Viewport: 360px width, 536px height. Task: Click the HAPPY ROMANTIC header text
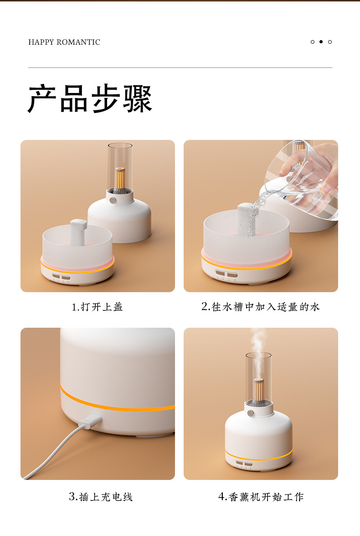click(x=64, y=42)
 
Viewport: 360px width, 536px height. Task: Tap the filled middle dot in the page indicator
click(x=321, y=42)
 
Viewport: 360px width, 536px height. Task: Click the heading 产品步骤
click(x=90, y=99)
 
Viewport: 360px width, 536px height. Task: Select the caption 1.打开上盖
click(x=97, y=307)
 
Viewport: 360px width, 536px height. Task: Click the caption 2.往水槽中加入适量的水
click(x=261, y=307)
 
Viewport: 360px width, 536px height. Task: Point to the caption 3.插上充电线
click(x=101, y=496)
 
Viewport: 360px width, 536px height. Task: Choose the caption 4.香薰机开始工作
click(x=261, y=496)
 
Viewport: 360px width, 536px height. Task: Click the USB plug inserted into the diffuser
click(x=89, y=421)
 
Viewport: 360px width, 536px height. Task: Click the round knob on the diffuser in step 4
click(x=250, y=413)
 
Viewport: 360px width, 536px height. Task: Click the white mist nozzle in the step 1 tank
click(x=78, y=231)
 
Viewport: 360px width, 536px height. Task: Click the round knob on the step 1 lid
click(x=112, y=199)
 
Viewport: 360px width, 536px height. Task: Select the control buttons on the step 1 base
click(x=61, y=277)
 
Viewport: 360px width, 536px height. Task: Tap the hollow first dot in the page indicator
click(x=313, y=42)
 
